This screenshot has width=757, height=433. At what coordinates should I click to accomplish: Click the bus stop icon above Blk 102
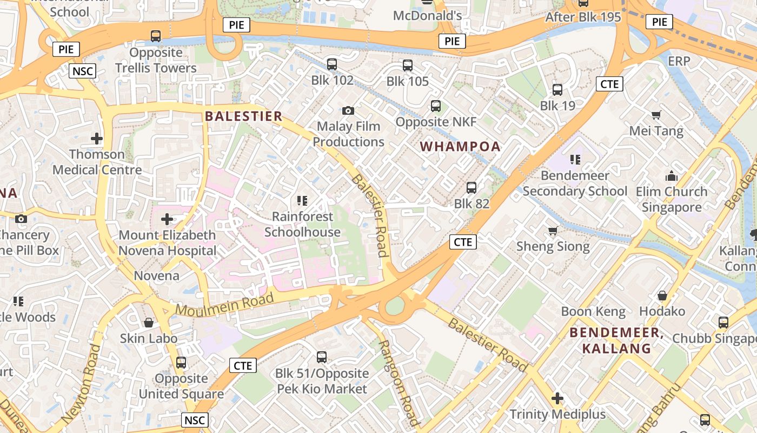point(332,64)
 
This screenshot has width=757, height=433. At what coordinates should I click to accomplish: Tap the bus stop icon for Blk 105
point(408,65)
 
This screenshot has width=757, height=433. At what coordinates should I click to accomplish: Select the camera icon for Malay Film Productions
point(348,110)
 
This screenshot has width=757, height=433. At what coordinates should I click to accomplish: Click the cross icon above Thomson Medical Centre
point(97,139)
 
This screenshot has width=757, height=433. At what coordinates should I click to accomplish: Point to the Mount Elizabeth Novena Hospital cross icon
point(167,219)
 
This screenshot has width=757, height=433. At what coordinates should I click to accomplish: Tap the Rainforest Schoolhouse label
point(302,224)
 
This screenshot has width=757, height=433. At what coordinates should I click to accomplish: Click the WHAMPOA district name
point(460,147)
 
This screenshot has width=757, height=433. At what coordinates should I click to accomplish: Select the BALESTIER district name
point(244,116)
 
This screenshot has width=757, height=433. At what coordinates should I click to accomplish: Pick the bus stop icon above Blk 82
point(472,188)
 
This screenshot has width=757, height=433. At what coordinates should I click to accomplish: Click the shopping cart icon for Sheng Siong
point(553,231)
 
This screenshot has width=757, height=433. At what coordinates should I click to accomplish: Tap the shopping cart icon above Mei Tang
point(656,115)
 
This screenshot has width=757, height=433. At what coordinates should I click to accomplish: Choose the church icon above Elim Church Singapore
point(672,176)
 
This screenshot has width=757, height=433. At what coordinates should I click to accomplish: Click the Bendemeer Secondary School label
point(575,183)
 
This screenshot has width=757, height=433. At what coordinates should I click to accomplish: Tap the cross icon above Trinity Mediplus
point(557,399)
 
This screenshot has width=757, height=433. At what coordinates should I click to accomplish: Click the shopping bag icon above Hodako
point(662,296)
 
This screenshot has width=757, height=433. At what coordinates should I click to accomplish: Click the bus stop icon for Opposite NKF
point(436,106)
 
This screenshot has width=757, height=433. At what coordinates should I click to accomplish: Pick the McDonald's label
point(427,16)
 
